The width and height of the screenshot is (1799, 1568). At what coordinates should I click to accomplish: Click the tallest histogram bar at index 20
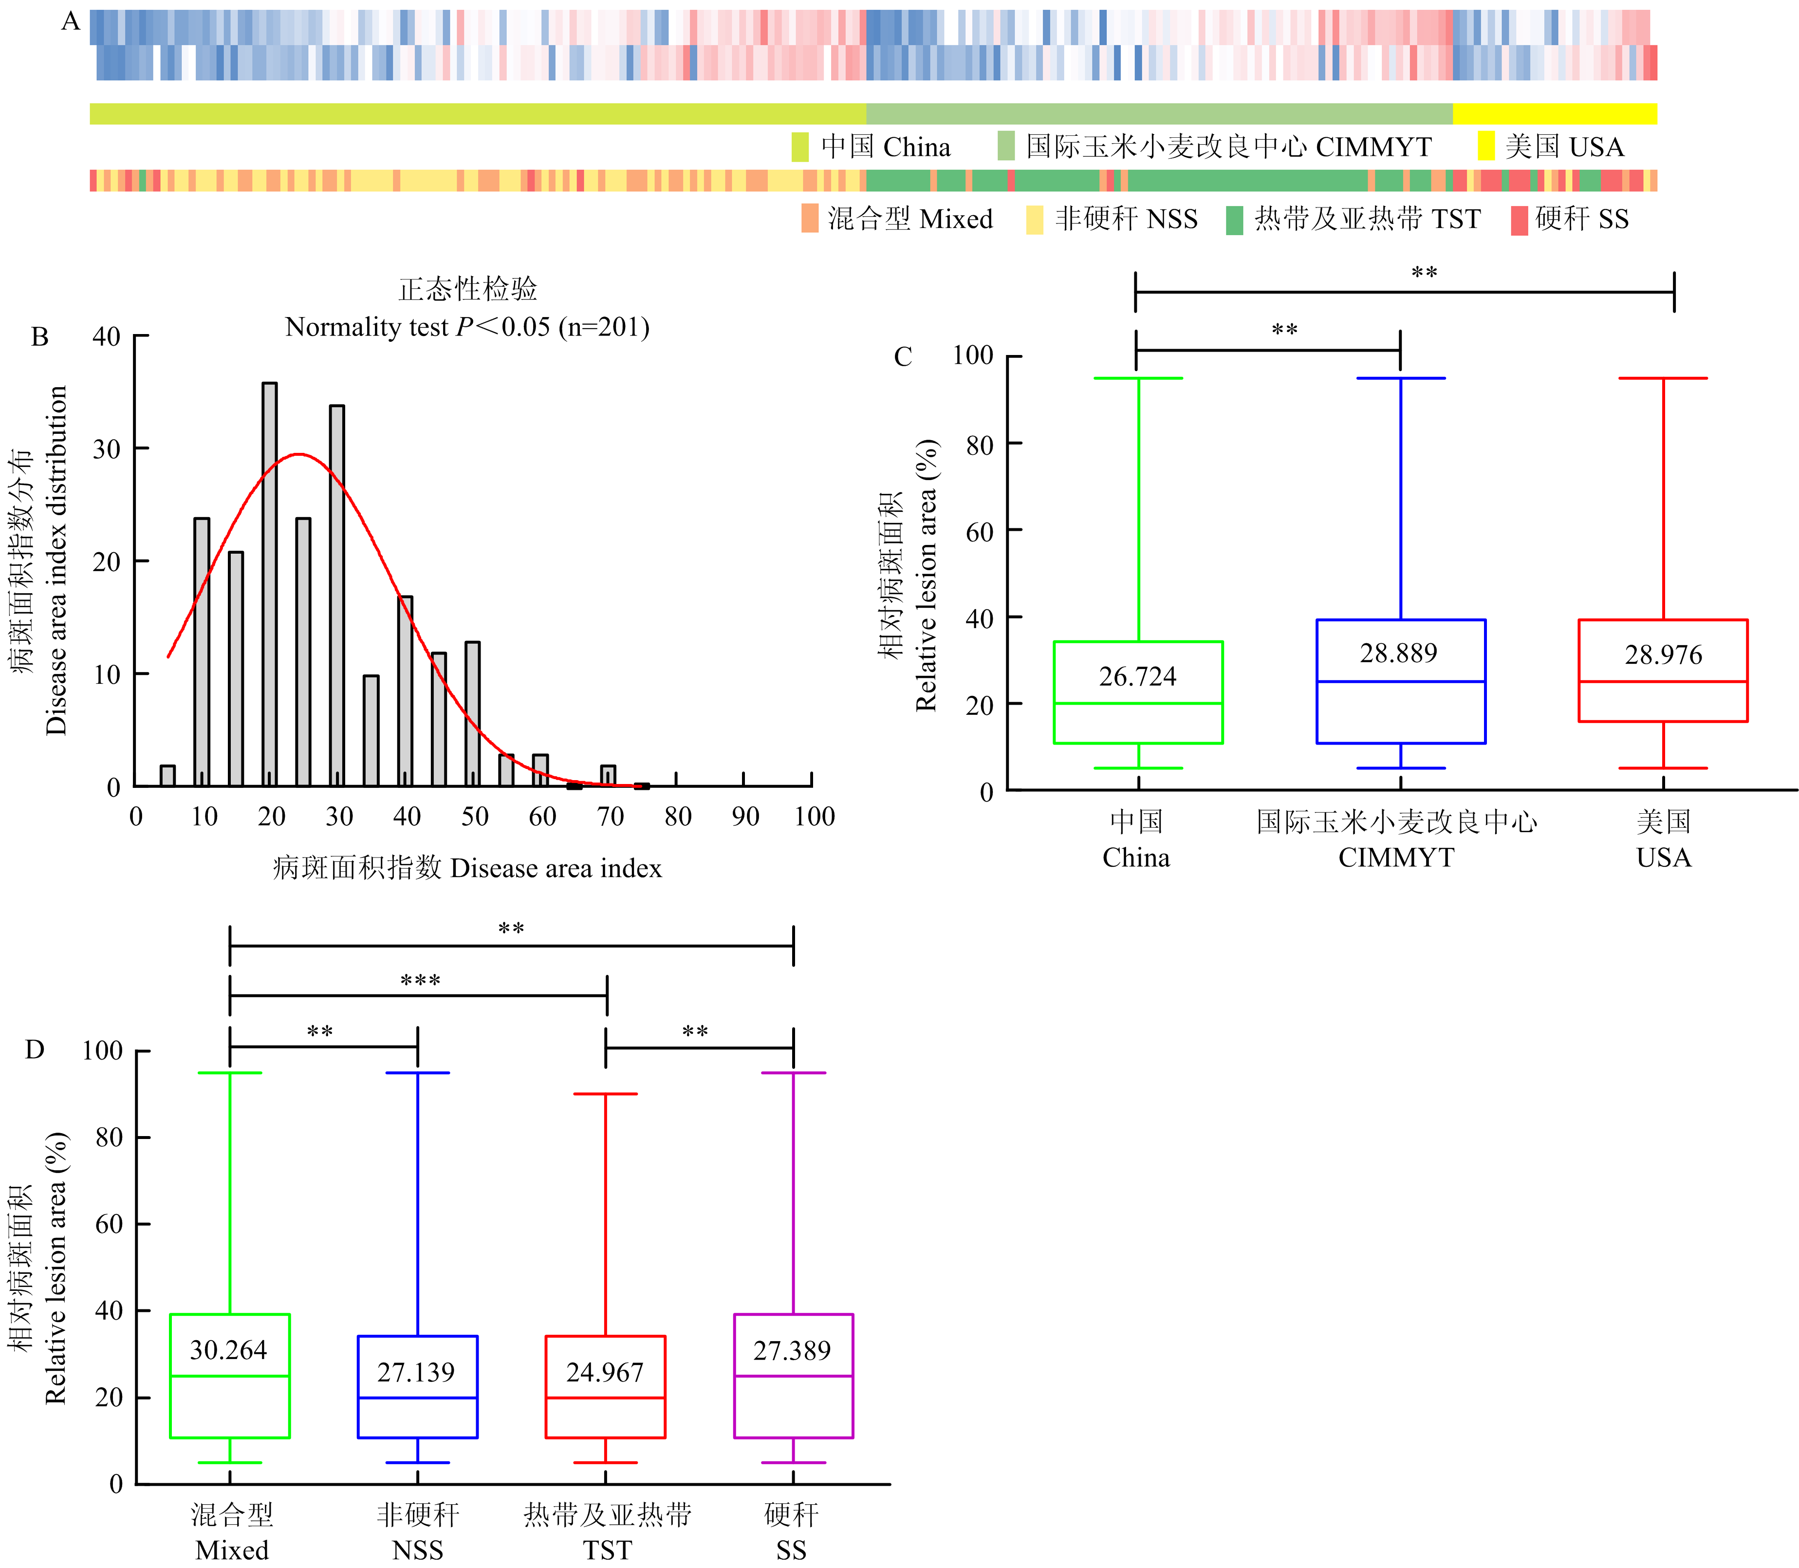point(270,584)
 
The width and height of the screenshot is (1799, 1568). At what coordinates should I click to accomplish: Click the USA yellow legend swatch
point(1486,146)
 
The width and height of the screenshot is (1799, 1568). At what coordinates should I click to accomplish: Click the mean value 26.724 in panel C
point(1137,676)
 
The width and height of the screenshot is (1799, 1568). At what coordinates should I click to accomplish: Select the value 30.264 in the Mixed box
point(228,1350)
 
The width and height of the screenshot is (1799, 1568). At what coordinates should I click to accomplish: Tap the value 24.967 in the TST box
point(605,1372)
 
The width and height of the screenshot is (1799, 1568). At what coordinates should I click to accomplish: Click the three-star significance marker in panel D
point(420,980)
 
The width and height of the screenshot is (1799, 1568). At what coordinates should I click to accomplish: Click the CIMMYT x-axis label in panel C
point(1396,858)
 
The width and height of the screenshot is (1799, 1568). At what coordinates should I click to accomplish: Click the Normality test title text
point(467,327)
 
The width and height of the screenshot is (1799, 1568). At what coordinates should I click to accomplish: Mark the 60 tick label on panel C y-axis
point(979,532)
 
